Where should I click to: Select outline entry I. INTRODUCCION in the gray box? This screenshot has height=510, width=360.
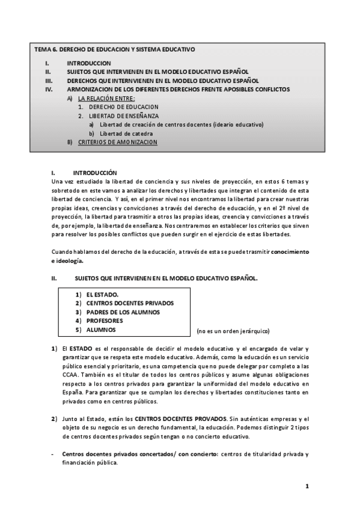(x=89, y=63)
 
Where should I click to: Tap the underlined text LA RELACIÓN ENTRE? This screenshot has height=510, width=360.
(x=106, y=98)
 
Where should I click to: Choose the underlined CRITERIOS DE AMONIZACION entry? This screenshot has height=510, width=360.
(x=118, y=142)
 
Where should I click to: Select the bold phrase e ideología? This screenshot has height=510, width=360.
(x=67, y=260)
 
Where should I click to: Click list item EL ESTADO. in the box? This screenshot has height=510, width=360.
(x=102, y=295)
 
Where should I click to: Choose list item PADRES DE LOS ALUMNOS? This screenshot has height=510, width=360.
(x=123, y=312)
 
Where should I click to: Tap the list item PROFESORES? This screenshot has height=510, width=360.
(x=105, y=321)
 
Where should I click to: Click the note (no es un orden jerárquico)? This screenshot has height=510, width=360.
(x=233, y=331)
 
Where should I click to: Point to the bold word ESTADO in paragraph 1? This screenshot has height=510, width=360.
(x=81, y=349)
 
